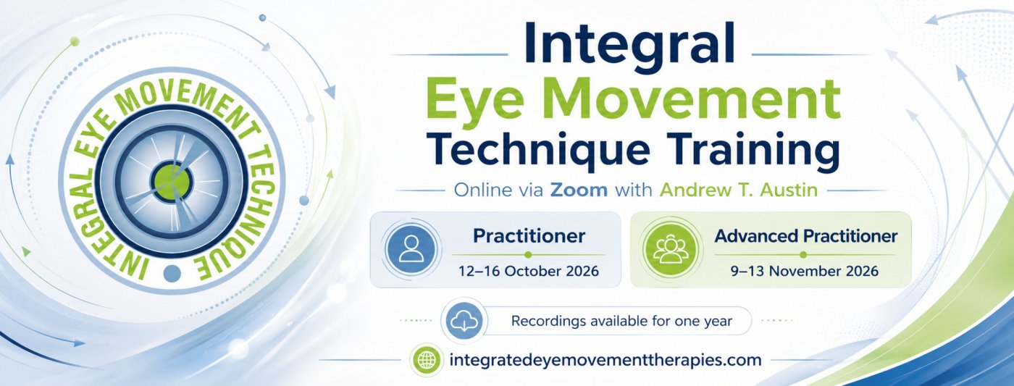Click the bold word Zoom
(579, 190)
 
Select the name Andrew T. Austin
(739, 190)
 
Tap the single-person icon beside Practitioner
(411, 249)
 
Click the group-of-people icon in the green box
(671, 249)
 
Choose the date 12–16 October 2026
(529, 272)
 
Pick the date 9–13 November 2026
(805, 272)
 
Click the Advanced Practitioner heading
(805, 236)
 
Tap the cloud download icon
(464, 321)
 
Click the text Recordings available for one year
(621, 322)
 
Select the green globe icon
(426, 360)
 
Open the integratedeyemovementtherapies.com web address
(606, 361)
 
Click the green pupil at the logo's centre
(172, 182)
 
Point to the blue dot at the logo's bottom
(172, 273)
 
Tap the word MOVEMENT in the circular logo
(183, 98)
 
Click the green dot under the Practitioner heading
(527, 255)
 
